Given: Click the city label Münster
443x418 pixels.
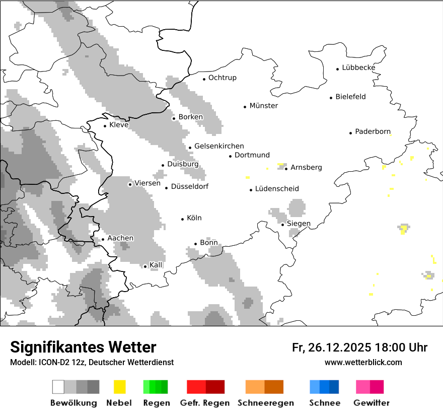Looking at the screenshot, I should (x=263, y=106).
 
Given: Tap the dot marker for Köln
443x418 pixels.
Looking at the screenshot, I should (x=183, y=219).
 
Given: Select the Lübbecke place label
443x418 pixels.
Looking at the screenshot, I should (x=358, y=67).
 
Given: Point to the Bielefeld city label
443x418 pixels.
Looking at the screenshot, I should (x=350, y=97).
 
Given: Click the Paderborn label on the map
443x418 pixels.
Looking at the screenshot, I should (x=373, y=132).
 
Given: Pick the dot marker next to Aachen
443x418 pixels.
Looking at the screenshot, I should (x=103, y=239).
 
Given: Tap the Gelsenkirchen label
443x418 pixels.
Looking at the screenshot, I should (x=219, y=146).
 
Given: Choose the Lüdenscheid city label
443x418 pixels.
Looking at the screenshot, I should (x=277, y=189).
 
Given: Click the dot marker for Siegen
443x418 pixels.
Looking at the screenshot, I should (x=283, y=225).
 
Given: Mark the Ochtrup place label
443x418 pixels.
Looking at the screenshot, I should (x=222, y=78).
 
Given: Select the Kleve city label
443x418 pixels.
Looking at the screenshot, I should (x=119, y=125).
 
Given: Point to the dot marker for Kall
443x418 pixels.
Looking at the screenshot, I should (x=145, y=266).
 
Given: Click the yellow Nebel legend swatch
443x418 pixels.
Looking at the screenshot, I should (x=120, y=387).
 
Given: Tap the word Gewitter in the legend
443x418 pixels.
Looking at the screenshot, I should (x=371, y=403).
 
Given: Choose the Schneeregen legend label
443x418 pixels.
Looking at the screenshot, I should (x=266, y=403).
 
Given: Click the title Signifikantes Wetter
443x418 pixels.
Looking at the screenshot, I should (x=83, y=347).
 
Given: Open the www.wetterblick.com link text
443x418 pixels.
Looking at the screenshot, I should (x=363, y=362).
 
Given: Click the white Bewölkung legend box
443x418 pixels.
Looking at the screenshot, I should (x=58, y=387).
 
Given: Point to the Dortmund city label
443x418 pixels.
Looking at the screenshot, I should (x=252, y=155).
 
